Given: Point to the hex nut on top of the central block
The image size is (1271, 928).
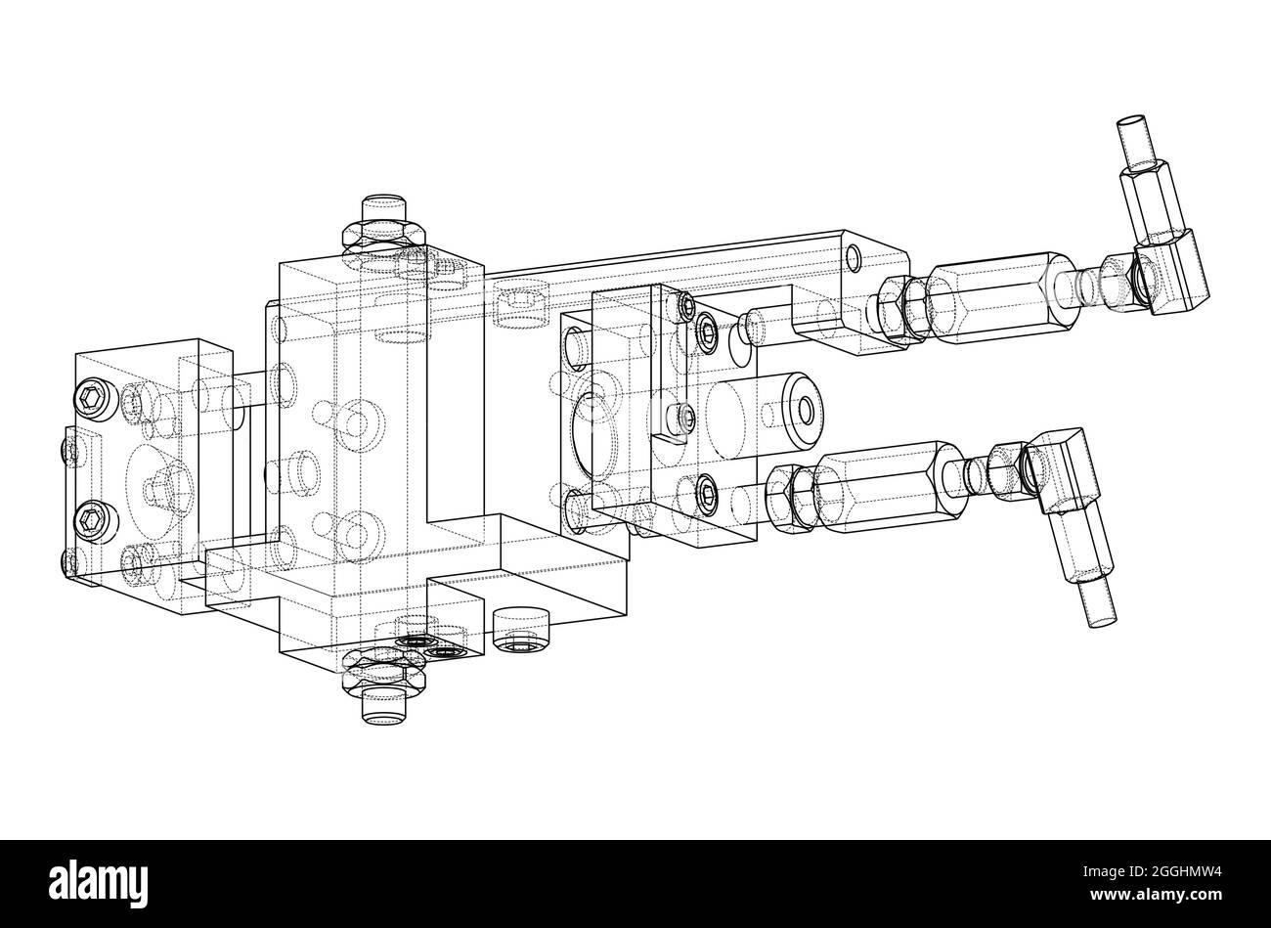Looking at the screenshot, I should click(382, 235).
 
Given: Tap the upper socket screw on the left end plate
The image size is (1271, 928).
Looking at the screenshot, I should click(90, 397).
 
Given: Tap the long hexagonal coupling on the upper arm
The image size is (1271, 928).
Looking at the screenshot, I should click(997, 295).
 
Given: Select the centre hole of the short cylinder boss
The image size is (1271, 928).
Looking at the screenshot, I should click(804, 408).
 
